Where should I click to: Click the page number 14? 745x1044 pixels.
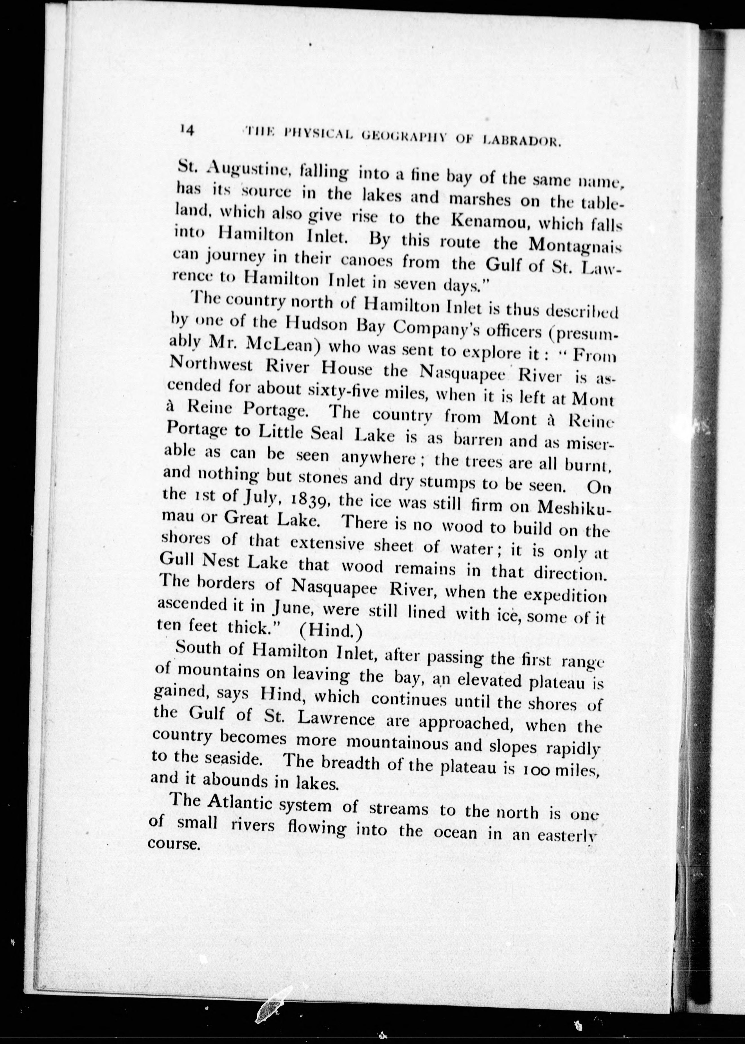(x=188, y=130)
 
